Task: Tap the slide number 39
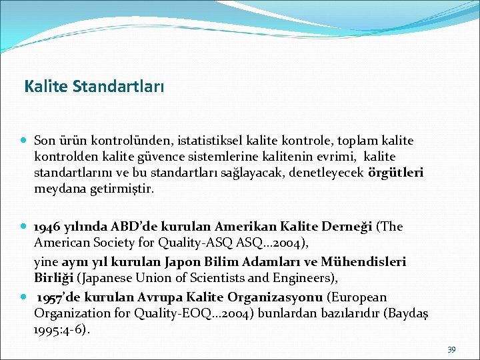coord(451,349)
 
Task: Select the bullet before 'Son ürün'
coord(23,141)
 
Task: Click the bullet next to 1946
coord(23,226)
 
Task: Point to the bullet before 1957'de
coord(23,297)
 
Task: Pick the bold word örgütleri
coord(395,173)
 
